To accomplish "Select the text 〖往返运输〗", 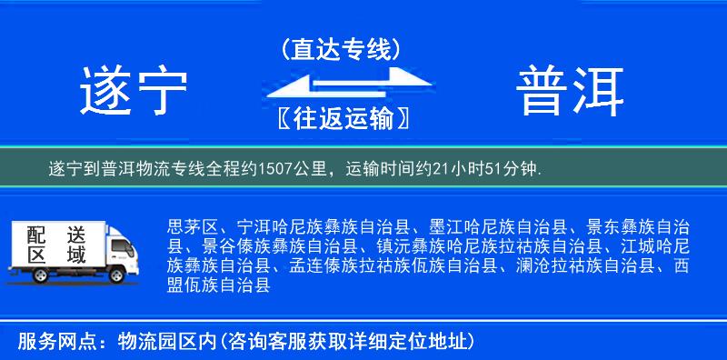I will pyautogui.click(x=341, y=119).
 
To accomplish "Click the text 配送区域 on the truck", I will pyautogui.click(x=56, y=245).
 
